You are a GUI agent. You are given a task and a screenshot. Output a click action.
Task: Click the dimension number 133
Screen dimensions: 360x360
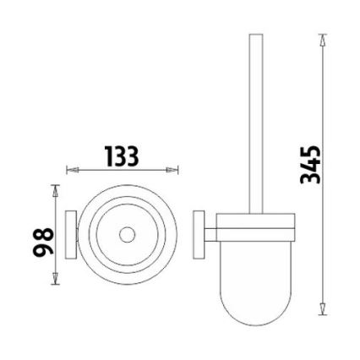pyautogui.click(x=122, y=155)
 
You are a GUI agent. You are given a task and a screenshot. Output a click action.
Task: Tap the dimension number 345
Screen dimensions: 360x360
pyautogui.click(x=311, y=165)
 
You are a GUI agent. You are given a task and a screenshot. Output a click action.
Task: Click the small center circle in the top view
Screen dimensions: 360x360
pyautogui.click(x=127, y=235)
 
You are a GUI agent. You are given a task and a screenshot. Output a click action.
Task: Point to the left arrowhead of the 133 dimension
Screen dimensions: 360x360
pyautogui.click(x=72, y=170)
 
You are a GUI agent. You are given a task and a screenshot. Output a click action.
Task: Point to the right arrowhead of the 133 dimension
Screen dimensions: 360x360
pyautogui.click(x=172, y=170)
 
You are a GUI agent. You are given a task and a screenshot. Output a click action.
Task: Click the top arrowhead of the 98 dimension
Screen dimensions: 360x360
pyautogui.click(x=55, y=191)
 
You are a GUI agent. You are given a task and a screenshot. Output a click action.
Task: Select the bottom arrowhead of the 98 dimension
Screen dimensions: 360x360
pyautogui.click(x=55, y=278)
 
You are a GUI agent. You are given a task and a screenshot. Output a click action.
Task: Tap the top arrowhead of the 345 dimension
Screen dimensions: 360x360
pyautogui.click(x=323, y=40)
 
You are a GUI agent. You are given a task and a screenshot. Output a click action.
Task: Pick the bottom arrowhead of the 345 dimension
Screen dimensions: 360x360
pyautogui.click(x=323, y=308)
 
